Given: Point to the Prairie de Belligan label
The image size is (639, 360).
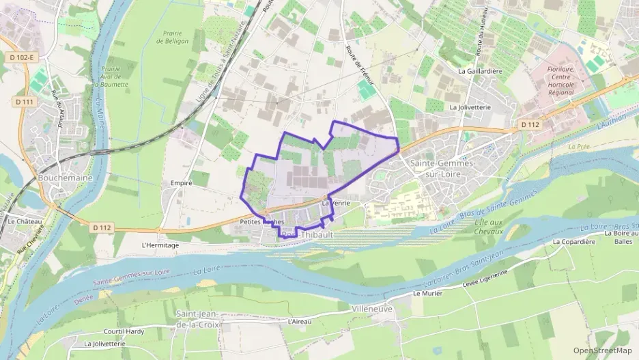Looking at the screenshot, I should [172, 37].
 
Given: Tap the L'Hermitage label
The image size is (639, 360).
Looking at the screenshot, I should [160, 245].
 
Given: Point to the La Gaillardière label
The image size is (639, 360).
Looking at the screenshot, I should [481, 71].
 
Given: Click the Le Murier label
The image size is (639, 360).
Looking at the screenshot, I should [429, 293].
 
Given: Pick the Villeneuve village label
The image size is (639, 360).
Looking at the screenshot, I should [372, 309].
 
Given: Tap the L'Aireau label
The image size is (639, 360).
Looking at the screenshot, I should [300, 321].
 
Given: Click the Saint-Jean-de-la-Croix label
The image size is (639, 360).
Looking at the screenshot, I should [198, 319].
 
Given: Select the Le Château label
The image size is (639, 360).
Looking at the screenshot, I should [25, 221].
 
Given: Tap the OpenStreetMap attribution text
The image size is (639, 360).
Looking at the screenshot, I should [602, 350].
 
